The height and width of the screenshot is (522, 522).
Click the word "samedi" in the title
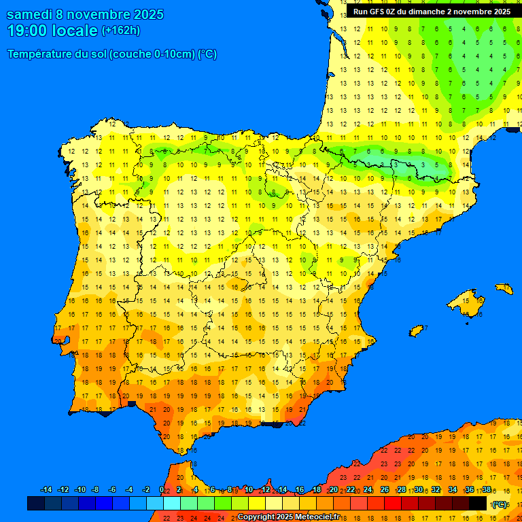pyautogui.click(x=29, y=14)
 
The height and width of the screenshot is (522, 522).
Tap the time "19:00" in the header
pyautogui.click(x=27, y=31)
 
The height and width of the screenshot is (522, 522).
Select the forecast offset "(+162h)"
pyautogui.click(x=121, y=31)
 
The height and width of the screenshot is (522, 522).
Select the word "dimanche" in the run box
pyautogui.click(x=430, y=12)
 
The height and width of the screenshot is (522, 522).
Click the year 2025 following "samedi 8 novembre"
pyautogui.click(x=144, y=14)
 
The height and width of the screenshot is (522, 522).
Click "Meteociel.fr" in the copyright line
pyautogui.click(x=317, y=517)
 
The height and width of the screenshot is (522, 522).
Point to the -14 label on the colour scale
pyautogui.click(x=46, y=490)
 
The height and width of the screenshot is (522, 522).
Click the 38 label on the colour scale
pyautogui.click(x=487, y=490)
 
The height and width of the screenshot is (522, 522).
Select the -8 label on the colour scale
pyautogui.click(x=96, y=490)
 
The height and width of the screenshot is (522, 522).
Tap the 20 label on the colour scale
pyautogui.click(x=334, y=490)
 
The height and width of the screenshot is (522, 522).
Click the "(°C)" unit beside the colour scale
pyautogui.click(x=500, y=504)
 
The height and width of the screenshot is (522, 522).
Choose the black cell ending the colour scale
pyautogui.click(x=478, y=504)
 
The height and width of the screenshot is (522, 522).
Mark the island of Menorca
pyautogui.click(x=504, y=288)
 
